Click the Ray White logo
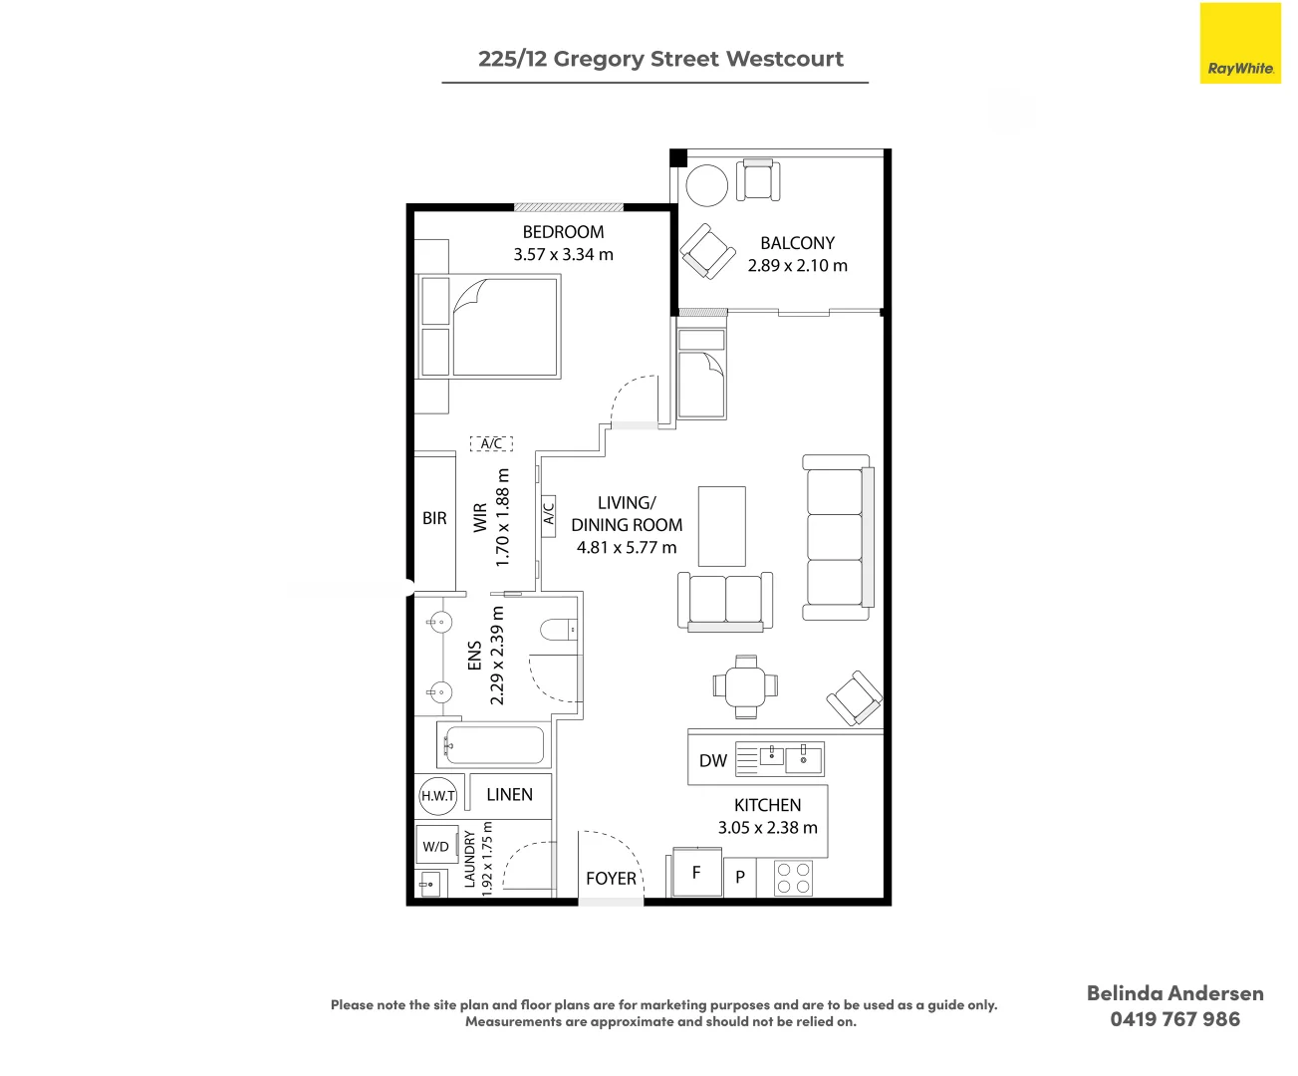coord(1240,43)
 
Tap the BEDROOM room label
coord(563,232)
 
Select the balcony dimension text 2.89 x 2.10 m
coord(797,265)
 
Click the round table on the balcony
coord(707,184)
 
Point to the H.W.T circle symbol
coord(438,796)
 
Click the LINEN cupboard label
coord(509,794)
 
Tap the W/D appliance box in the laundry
coord(436,846)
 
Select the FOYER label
coord(611,879)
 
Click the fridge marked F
coord(697,872)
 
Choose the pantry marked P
coord(740,877)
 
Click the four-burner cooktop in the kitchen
coord(793,878)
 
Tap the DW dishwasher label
coord(713,760)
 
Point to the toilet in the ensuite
coord(559,630)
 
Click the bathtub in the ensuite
coord(494,744)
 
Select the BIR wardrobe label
coord(434,518)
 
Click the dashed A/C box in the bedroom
coord(491,443)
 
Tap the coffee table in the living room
coord(722,526)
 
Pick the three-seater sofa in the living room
coord(838,537)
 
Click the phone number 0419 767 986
coord(1174,1019)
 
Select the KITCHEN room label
coord(767,805)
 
